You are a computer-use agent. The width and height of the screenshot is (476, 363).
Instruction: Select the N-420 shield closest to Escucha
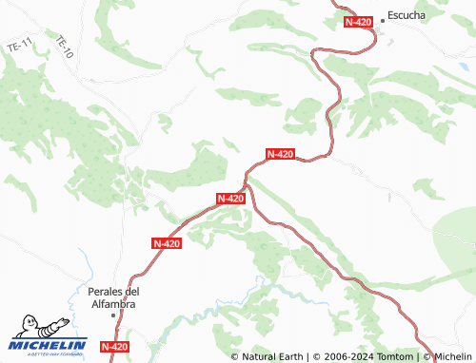(359, 22)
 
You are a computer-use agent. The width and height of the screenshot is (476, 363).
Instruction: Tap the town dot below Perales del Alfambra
(112, 315)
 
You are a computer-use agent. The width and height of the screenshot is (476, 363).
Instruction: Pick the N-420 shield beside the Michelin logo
(114, 347)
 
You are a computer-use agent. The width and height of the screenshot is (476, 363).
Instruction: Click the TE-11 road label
(19, 46)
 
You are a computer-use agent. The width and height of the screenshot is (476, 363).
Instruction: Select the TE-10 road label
(65, 48)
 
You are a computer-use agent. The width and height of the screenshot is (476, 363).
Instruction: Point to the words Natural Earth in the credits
(272, 356)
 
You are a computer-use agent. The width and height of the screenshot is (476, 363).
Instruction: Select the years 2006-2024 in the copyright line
(347, 356)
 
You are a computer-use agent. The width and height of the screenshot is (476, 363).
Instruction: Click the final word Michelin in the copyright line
(451, 356)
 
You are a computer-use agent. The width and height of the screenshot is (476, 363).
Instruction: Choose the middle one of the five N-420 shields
(231, 198)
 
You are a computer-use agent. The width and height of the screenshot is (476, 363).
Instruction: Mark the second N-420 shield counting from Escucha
(280, 153)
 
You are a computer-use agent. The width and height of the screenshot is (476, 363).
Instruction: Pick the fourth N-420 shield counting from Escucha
(167, 243)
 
